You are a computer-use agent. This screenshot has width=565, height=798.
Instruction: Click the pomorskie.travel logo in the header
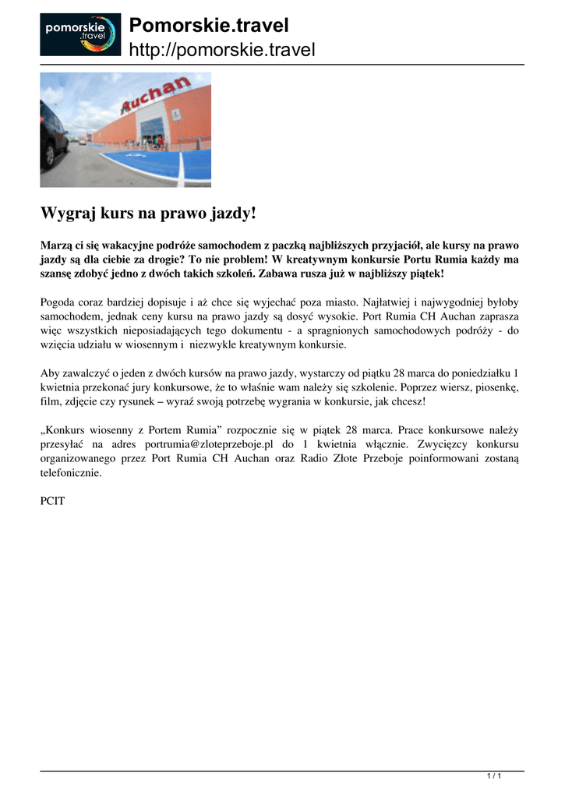pyautogui.click(x=80, y=34)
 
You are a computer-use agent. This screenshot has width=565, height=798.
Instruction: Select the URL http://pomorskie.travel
pyautogui.click(x=222, y=51)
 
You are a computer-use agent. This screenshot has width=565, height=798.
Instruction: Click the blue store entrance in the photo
pyautogui.click(x=152, y=129)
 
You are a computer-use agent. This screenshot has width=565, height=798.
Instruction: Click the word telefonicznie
pyautogui.click(x=71, y=472)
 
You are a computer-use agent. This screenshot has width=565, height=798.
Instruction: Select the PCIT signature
pyautogui.click(x=53, y=501)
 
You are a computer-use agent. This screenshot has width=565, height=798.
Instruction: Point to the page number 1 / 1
pyautogui.click(x=493, y=775)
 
